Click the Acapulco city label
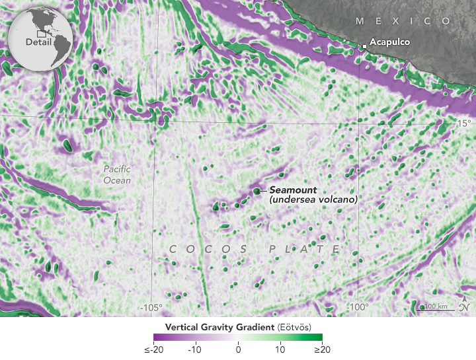pyautogui.click(x=390, y=42)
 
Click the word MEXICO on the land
pyautogui.click(x=403, y=21)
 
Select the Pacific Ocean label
pyautogui.click(x=117, y=174)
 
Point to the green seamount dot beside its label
pyautogui.click(x=257, y=192)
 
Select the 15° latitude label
pyautogui.click(x=462, y=124)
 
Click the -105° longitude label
pyautogui.click(x=152, y=307)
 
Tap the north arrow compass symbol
pyautogui.click(x=465, y=306)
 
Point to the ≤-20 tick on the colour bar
pyautogui.click(x=154, y=349)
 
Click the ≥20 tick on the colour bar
pyautogui.click(x=322, y=349)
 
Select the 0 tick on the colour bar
pyautogui.click(x=238, y=349)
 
